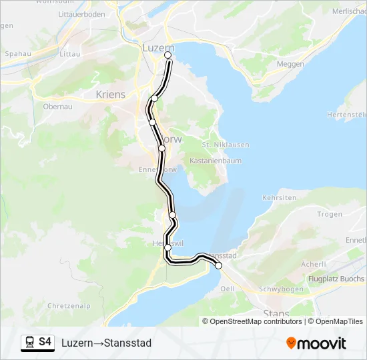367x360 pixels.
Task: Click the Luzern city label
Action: [x=158, y=47]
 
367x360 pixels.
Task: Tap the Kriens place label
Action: [x=110, y=95]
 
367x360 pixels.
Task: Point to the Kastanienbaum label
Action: [x=216, y=161]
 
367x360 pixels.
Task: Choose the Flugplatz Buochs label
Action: [x=336, y=279]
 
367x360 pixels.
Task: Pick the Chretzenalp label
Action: [x=69, y=306]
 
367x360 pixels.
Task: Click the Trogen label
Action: [x=329, y=214]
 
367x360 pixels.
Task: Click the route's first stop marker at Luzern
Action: [x=168, y=56]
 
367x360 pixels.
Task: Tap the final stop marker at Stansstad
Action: [x=218, y=265]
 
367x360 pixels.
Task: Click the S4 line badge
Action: [x=45, y=342]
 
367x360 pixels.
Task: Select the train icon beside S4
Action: [x=29, y=342]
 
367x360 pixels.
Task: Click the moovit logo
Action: [x=316, y=343]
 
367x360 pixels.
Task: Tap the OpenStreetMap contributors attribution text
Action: [x=254, y=321]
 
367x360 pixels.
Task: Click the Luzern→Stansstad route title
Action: [x=107, y=343]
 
